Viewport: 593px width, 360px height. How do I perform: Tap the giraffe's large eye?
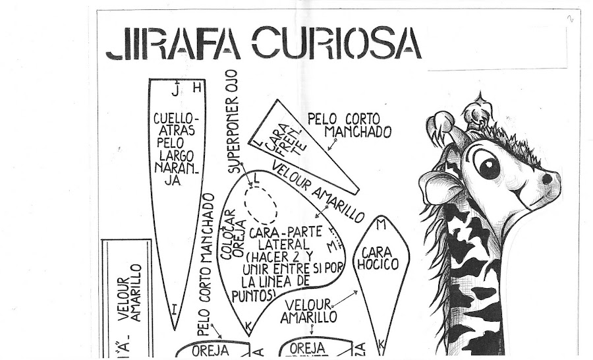point(490,164)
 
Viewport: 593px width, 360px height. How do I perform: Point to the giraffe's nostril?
point(546,178)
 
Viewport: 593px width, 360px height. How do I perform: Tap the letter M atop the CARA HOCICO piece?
point(380,224)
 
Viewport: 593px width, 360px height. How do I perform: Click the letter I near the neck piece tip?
point(173,308)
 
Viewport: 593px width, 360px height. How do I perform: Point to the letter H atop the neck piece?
point(196,88)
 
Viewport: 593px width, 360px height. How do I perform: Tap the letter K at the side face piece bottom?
point(248,325)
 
